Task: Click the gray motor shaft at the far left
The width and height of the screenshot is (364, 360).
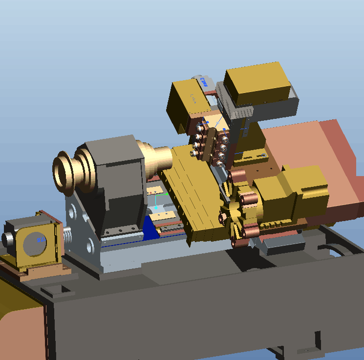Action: coord(7,239)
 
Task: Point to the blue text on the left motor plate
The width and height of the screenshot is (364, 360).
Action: coord(40,240)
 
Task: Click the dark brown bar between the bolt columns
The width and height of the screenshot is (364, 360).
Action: coord(212,144)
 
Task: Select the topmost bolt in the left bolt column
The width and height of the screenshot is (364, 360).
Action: coord(200,128)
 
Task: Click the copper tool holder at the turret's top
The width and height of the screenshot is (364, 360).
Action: coord(238,175)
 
